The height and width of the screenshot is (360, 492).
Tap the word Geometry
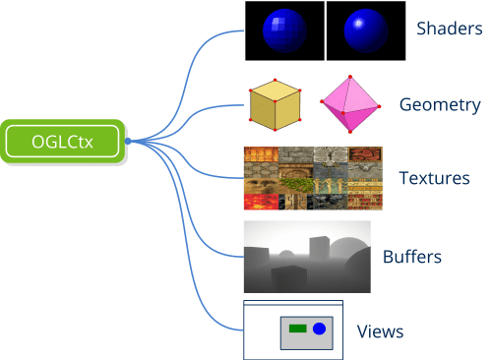pos(439,104)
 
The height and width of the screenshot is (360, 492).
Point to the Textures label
pos(434,178)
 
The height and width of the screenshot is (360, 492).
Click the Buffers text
pos(412,258)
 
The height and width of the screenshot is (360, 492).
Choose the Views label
pos(380,331)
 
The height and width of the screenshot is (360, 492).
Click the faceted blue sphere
pos(283,30)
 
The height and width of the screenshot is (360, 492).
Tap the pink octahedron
pos(349,104)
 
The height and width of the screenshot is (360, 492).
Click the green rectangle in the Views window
pos(297,328)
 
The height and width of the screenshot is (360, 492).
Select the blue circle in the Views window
pos(319,328)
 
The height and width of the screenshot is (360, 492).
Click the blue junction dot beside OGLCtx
pos(128,142)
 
